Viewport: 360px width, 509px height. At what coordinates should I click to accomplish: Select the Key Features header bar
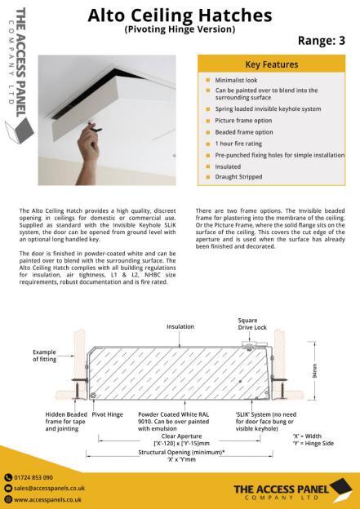(x=272, y=64)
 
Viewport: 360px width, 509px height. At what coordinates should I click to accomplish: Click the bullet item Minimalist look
(x=237, y=81)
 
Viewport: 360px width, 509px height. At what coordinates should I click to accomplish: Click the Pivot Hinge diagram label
(x=108, y=414)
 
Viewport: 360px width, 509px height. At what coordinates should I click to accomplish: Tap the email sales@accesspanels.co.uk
(x=51, y=487)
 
